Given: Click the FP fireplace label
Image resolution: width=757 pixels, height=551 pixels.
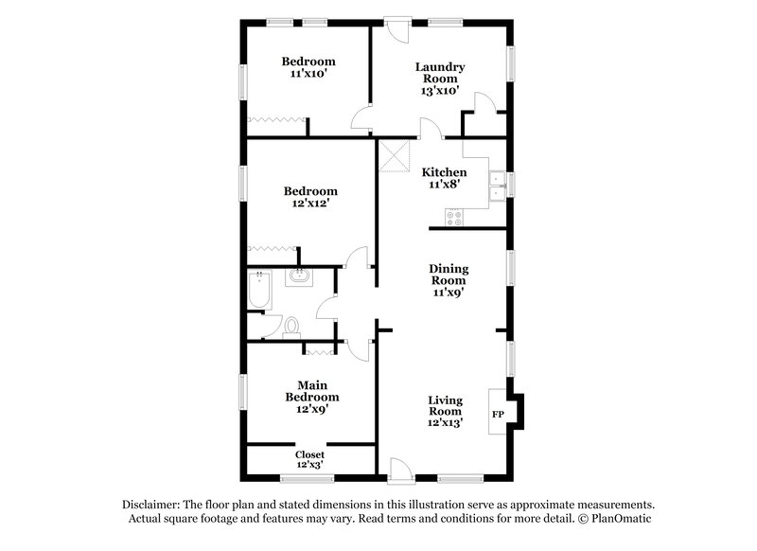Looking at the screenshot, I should coord(498,415).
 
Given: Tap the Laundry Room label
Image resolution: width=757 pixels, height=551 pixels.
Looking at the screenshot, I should coord(441,73).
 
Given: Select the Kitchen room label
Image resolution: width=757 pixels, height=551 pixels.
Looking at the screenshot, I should coord(444,172).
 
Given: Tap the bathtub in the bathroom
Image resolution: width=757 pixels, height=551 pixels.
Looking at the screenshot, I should coord(258,291).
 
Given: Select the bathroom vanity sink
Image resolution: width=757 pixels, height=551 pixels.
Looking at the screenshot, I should coord(300,277).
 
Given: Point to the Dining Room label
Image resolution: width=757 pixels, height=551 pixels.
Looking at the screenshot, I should coord(449,275).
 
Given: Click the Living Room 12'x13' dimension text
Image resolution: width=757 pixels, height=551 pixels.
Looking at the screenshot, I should coord(444,423).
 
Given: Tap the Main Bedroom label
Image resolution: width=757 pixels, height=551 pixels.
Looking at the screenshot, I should coord(318,391).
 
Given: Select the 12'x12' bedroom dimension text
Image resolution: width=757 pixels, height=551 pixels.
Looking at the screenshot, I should coord(308,202).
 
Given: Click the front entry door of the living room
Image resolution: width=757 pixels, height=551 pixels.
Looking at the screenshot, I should coord(398,467).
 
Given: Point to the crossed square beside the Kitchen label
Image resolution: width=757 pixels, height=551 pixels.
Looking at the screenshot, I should coord(393,155).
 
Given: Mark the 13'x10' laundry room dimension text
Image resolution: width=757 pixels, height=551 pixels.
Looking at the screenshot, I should coord(441,91).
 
